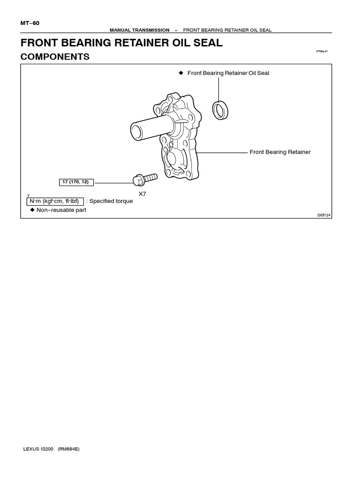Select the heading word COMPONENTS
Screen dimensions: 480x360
click(55, 57)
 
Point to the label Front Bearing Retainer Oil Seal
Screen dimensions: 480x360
click(228, 73)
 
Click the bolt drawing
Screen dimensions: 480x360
click(145, 179)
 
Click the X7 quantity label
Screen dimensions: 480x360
click(142, 193)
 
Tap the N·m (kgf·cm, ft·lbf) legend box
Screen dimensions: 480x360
click(55, 201)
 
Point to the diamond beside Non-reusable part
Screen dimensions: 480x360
click(32, 210)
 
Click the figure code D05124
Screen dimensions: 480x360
click(324, 215)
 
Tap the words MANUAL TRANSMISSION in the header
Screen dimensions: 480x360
click(139, 30)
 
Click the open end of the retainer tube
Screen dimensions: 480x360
click(135, 130)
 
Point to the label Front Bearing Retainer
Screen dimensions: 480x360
click(280, 152)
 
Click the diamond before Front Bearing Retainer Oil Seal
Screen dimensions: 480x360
click(180, 73)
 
